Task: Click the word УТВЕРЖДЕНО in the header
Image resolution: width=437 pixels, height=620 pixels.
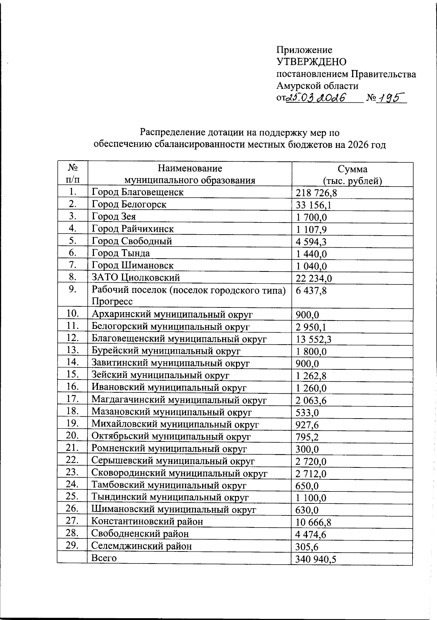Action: tap(311, 62)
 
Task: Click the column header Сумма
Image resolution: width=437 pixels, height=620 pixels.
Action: tap(352, 169)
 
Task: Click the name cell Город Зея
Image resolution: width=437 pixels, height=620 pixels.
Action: tap(114, 217)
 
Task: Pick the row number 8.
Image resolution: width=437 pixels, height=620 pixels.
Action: tap(72, 277)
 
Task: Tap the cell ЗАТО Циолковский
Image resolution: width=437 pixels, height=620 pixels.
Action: tap(136, 278)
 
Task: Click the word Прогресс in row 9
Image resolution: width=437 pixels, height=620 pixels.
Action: tap(112, 302)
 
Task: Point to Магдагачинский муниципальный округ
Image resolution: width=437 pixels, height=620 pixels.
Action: tap(179, 400)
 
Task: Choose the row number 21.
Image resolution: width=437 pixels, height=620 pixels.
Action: tap(72, 448)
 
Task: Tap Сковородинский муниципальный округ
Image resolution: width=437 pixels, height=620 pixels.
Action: tap(179, 474)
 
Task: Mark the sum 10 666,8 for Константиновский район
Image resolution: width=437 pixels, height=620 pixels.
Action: tap(313, 523)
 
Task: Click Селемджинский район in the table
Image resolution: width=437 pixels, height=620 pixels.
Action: tap(141, 546)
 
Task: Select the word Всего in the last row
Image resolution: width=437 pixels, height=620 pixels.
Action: tap(104, 558)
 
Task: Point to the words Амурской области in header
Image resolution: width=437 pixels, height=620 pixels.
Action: tap(317, 86)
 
